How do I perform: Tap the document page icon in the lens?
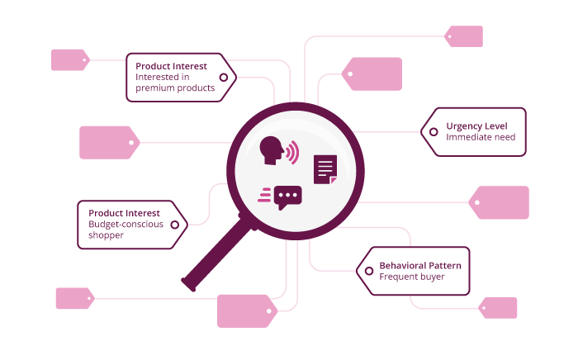[x=325, y=168]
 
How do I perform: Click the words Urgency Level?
[x=476, y=126]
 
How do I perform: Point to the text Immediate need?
[x=481, y=137]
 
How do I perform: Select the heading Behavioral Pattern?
[x=419, y=265]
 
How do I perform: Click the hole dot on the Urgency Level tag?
[x=433, y=131]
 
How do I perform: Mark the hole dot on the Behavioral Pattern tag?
[x=367, y=271]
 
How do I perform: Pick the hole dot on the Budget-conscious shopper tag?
[x=174, y=224]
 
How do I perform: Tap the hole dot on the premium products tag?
[x=223, y=77]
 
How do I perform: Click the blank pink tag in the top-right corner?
[x=465, y=36]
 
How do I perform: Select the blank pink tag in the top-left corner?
[x=69, y=59]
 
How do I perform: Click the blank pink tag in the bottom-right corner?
[x=500, y=308]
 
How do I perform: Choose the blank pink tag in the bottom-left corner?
[x=73, y=298]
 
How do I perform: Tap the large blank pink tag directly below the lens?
[x=246, y=310]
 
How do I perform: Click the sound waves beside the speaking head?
[x=293, y=153]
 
